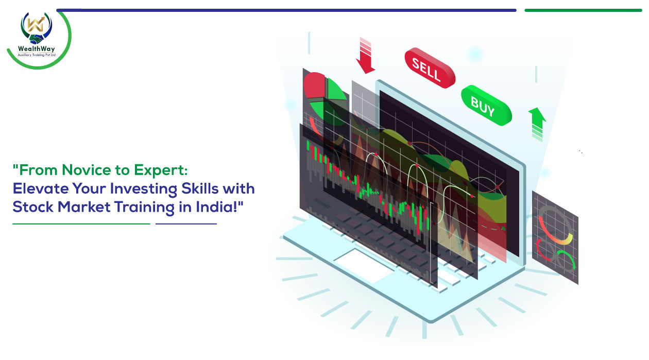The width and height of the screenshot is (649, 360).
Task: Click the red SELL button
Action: pyautogui.click(x=430, y=68)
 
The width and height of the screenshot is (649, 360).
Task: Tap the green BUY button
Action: pyautogui.click(x=486, y=106)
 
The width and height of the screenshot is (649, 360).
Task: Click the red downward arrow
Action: pyautogui.click(x=366, y=56)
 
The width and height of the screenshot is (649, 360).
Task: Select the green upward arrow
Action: pyautogui.click(x=537, y=125)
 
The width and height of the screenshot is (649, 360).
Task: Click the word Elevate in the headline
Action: pyautogui.click(x=41, y=189)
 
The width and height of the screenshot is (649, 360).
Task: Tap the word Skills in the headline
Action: pyautogui.click(x=200, y=188)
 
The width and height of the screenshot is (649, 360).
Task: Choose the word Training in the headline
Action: pyautogui.click(x=144, y=208)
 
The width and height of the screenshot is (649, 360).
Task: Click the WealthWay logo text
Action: pyautogui.click(x=36, y=48)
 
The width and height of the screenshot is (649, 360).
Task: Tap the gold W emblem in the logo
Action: pyautogui.click(x=36, y=24)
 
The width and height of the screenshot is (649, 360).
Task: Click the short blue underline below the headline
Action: pyautogui.click(x=186, y=224)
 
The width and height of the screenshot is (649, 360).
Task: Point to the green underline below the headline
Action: pyautogui.click(x=81, y=224)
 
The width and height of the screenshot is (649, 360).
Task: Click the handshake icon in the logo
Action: pyautogui.click(x=36, y=39)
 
